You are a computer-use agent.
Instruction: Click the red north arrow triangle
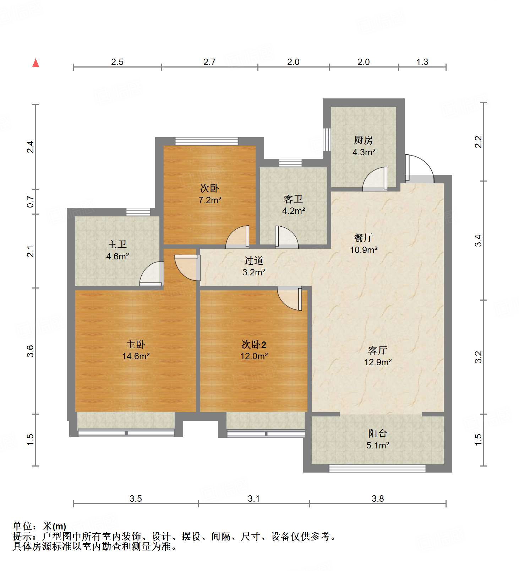[x=35, y=63]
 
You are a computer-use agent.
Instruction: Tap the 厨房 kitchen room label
[x=363, y=140]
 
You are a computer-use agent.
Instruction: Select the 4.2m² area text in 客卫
[x=294, y=211]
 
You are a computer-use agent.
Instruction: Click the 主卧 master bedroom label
[x=136, y=344]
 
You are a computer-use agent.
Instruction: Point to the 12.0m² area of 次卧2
[x=254, y=356]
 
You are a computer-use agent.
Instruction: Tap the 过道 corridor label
[x=253, y=261]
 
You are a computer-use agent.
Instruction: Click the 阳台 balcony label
[x=377, y=433]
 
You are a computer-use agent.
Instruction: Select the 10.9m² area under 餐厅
[x=364, y=250]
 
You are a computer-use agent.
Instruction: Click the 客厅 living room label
[x=377, y=351]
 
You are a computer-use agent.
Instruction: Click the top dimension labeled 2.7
[x=209, y=62]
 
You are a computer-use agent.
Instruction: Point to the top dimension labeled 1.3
[x=422, y=62]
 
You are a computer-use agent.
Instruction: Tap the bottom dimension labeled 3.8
[x=378, y=499]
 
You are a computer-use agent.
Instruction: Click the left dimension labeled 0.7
[x=31, y=202]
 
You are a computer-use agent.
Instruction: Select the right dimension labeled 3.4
[x=479, y=241]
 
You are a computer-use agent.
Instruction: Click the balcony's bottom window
[x=377, y=468]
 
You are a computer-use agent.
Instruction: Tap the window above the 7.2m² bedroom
[x=207, y=141]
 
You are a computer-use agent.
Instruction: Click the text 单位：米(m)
[x=39, y=526]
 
